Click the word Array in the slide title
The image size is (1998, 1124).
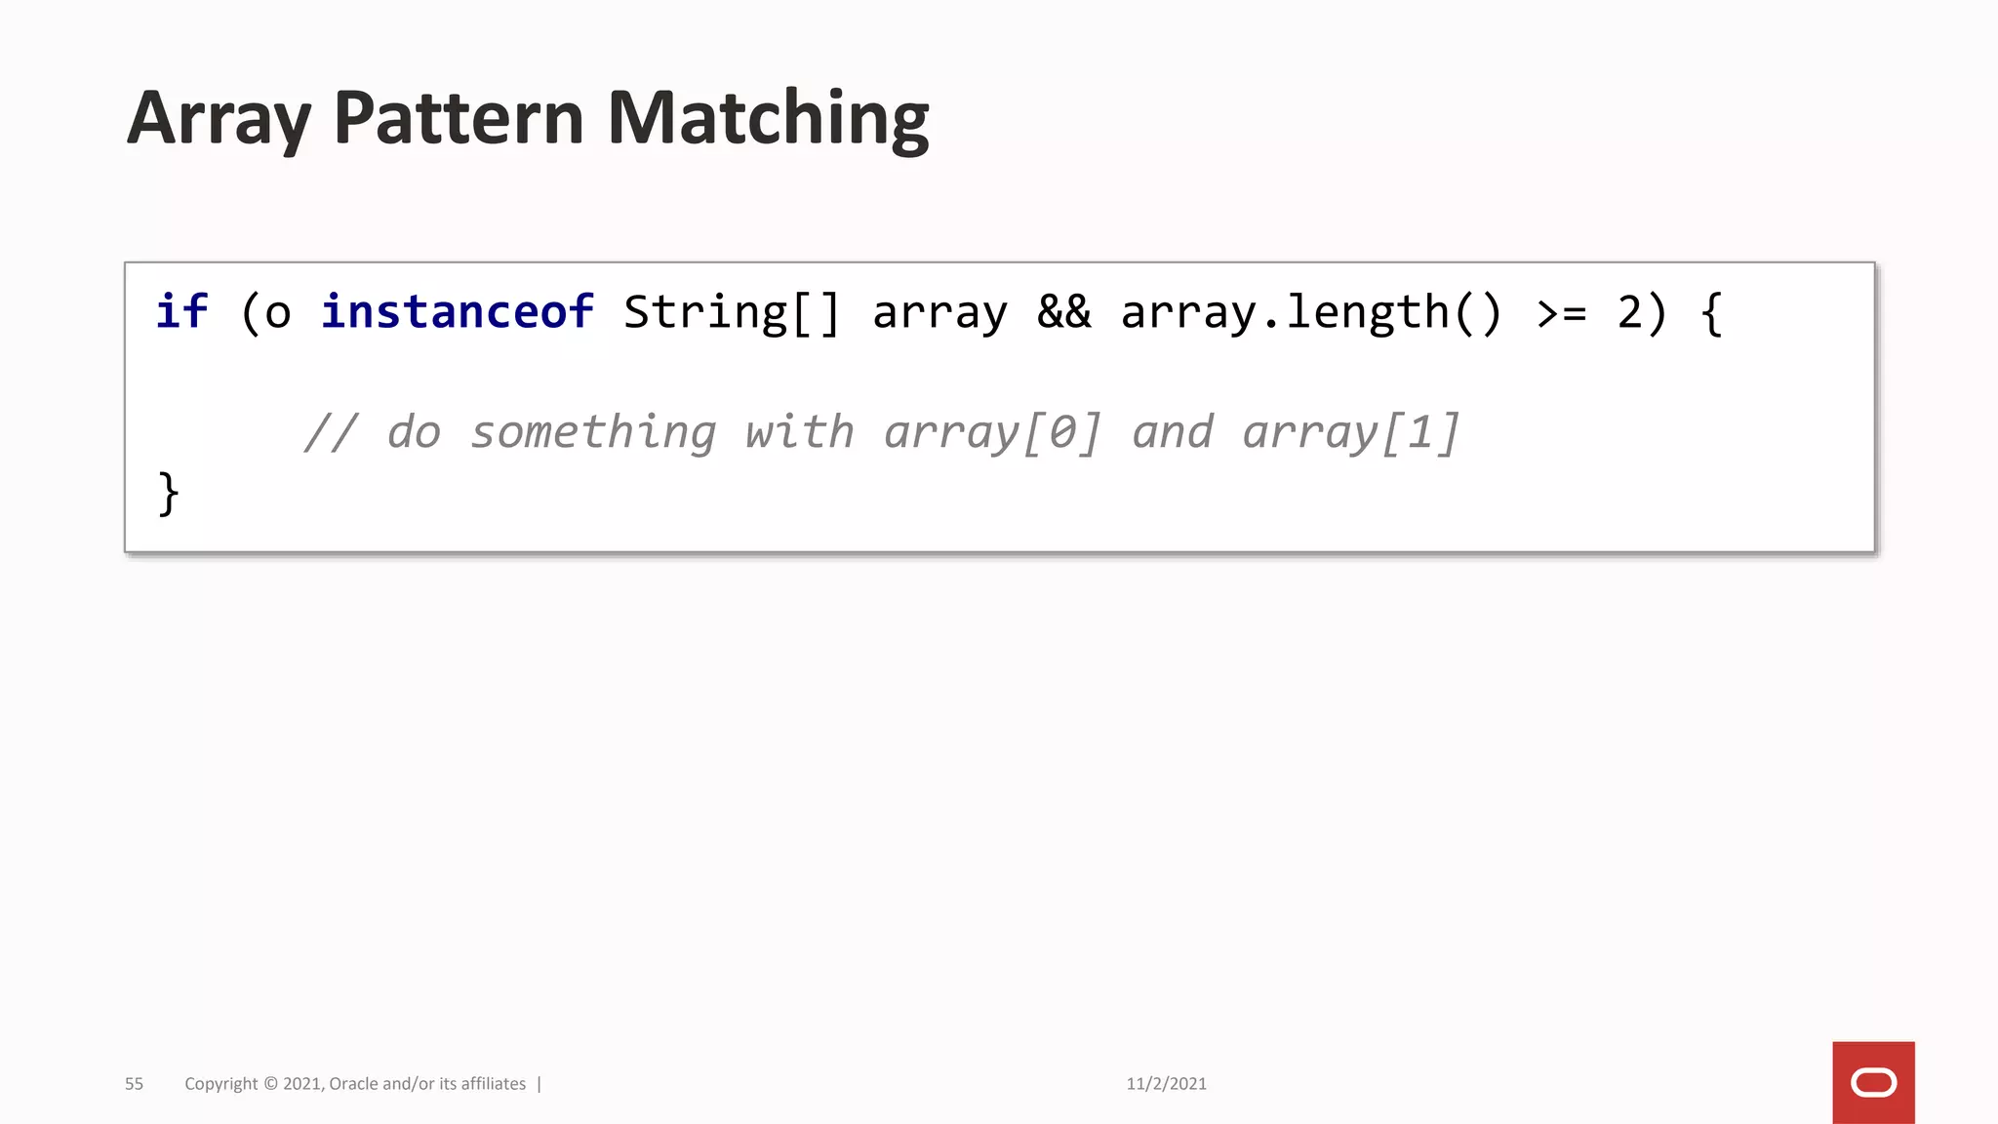click(x=219, y=119)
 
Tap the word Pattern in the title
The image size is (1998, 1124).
click(x=458, y=119)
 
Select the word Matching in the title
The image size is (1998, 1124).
click(x=768, y=119)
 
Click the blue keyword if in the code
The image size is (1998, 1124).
click(x=182, y=312)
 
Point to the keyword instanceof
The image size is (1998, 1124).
click(x=458, y=312)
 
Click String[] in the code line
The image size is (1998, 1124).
click(x=732, y=312)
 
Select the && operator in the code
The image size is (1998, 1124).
click(x=1063, y=312)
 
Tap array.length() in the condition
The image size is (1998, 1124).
click(x=1311, y=312)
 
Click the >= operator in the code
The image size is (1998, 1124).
click(x=1561, y=312)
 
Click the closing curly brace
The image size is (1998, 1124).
click(x=168, y=494)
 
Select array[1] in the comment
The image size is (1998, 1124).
click(x=1351, y=432)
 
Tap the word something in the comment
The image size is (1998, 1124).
click(x=593, y=432)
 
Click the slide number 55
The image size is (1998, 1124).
click(x=134, y=1084)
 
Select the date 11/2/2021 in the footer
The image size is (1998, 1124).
click(x=1166, y=1084)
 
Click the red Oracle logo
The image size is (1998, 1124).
click(x=1873, y=1083)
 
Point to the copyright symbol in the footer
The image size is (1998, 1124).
click(x=270, y=1084)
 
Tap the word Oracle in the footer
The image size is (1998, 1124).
click(x=353, y=1084)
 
